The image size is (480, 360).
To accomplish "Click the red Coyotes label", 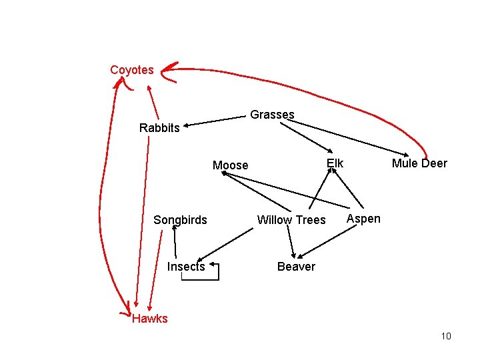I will tap(131, 69).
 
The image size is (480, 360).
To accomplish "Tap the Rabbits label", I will tap(159, 128).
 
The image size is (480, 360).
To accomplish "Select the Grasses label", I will tap(272, 115).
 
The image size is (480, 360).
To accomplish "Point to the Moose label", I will tap(230, 165).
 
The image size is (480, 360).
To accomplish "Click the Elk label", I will tap(335, 163).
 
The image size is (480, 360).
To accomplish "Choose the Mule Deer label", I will tap(419, 163).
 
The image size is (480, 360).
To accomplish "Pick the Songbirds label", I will tap(180, 220).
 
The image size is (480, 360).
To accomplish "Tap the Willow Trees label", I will tap(291, 220).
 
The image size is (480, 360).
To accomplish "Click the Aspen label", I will tap(364, 219).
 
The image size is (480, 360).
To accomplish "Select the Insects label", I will tap(186, 267).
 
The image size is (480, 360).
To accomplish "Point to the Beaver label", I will tap(296, 267).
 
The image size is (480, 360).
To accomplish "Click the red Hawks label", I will tap(150, 319).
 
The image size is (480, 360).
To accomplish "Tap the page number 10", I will tap(446, 336).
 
